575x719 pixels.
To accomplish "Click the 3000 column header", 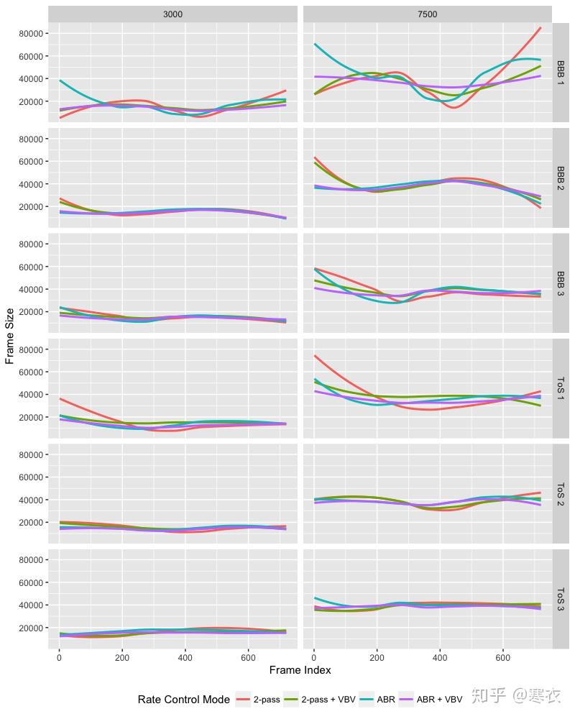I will coord(172,14).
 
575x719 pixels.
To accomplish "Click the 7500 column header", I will coord(427,14).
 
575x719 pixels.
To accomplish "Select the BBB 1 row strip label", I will coord(561,73).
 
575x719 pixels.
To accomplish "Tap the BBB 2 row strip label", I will coord(561,178).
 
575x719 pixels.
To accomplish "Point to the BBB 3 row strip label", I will coord(561,283).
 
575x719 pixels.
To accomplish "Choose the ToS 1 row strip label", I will coord(561,389).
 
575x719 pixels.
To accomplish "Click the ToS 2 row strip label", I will coord(561,494).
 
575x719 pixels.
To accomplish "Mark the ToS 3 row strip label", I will coord(561,599).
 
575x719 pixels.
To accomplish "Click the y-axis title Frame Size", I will coord(9,336).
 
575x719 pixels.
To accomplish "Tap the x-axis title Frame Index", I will coord(300,670).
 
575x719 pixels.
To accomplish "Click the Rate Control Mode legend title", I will coord(183,699).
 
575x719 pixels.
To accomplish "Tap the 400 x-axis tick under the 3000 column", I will coord(185,657).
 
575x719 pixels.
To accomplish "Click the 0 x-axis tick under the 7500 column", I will coord(314,657).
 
